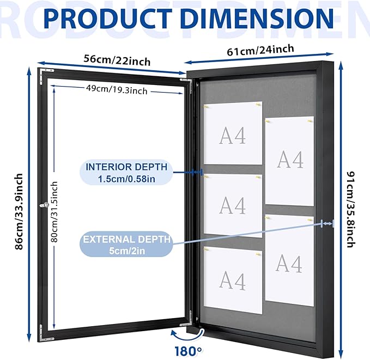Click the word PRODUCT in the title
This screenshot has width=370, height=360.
click(107, 19)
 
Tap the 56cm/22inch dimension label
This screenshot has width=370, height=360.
click(117, 60)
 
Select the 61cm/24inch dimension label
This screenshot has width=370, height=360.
click(260, 50)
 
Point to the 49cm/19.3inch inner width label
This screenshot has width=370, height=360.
click(117, 90)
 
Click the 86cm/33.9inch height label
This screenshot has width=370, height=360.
click(19, 211)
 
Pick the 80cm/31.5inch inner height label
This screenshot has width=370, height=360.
click(54, 212)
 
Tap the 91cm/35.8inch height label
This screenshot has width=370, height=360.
click(351, 209)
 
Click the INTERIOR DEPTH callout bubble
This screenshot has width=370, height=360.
click(126, 173)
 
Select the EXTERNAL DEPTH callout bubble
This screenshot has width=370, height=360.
click(126, 245)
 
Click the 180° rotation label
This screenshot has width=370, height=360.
click(189, 351)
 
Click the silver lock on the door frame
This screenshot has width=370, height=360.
click(44, 205)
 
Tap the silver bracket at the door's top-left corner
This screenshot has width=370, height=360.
click(46, 73)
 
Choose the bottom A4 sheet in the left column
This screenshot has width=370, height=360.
click(233, 280)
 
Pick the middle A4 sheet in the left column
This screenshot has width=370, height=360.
click(233, 206)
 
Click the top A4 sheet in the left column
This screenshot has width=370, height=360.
click(233, 133)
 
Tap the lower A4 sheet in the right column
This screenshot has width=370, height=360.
click(289, 260)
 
